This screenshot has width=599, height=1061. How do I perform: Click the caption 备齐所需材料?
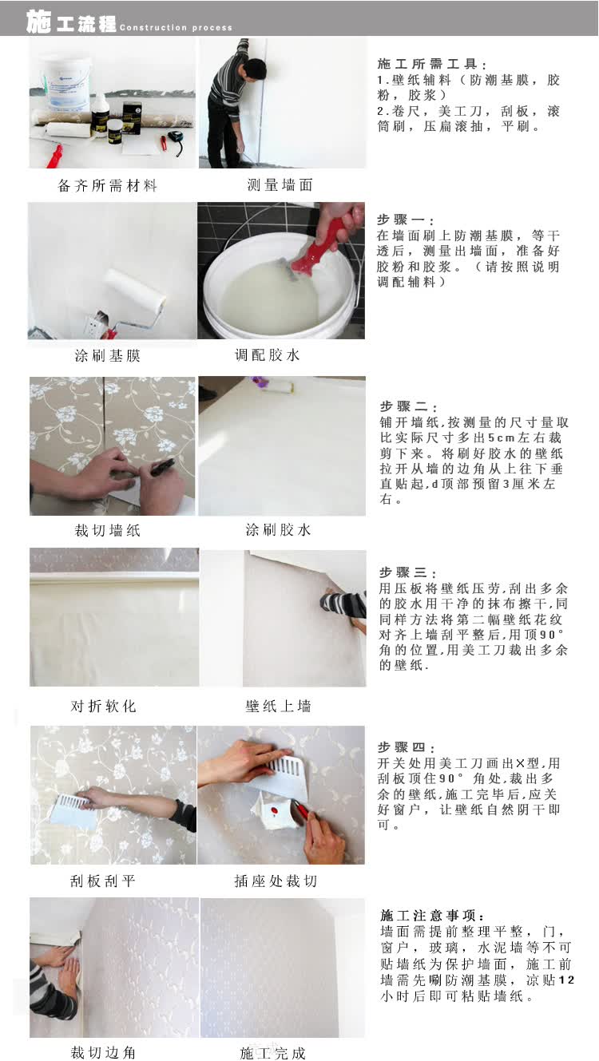pyautogui.click(x=107, y=185)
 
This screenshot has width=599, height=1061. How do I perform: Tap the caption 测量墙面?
pyautogui.click(x=280, y=184)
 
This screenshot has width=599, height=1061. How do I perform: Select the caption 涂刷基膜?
pyautogui.click(x=108, y=355)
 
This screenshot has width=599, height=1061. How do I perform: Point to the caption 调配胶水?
pyautogui.click(x=268, y=354)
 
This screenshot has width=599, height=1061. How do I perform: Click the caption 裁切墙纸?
pyautogui.click(x=108, y=530)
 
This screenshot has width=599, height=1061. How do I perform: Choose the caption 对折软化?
pyautogui.click(x=103, y=707)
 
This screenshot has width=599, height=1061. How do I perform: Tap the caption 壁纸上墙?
pyautogui.click(x=278, y=707)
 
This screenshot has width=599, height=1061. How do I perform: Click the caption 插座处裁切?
pyautogui.click(x=276, y=881)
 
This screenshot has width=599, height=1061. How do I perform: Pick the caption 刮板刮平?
pyautogui.click(x=103, y=881)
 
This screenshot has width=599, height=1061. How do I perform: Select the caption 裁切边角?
pyautogui.click(x=103, y=1052)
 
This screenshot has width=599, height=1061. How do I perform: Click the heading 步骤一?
pyautogui.click(x=406, y=220)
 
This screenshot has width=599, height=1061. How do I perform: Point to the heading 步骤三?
pyautogui.click(x=408, y=572)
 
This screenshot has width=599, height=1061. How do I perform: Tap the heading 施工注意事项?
pyautogui.click(x=432, y=915)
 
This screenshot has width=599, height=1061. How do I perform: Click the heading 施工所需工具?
pyautogui.click(x=432, y=64)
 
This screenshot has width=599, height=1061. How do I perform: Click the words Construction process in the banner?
pyautogui.click(x=176, y=27)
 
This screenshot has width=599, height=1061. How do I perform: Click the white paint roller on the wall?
pyautogui.click(x=136, y=289)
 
